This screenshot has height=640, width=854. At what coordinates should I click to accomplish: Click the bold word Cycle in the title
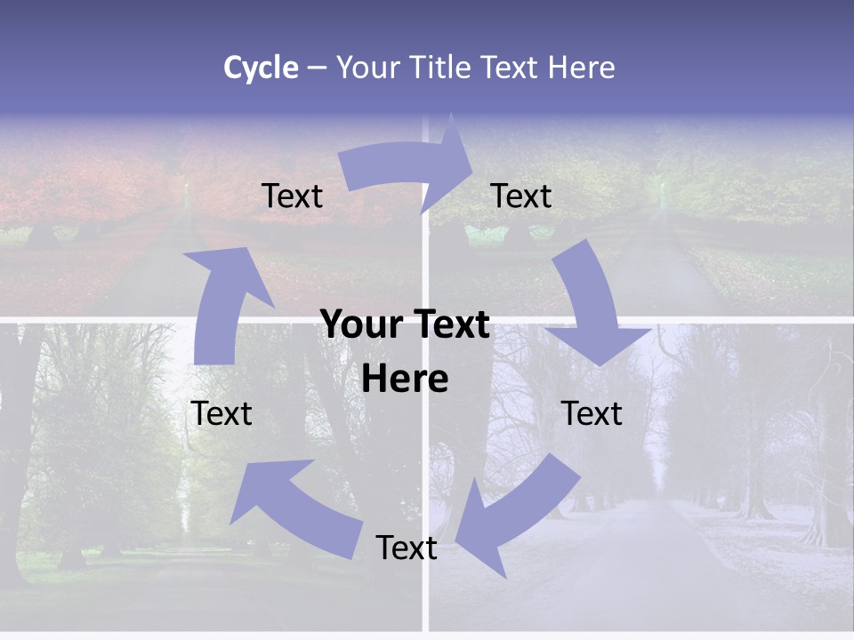(261, 68)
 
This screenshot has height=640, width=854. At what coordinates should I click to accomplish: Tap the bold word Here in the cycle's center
(405, 379)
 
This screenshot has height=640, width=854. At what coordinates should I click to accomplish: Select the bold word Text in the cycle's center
(449, 324)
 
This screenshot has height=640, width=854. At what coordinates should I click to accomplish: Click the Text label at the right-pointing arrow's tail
(292, 196)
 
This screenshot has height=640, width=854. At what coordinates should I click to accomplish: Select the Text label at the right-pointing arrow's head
(521, 196)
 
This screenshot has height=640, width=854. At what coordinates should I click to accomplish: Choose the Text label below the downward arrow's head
(592, 413)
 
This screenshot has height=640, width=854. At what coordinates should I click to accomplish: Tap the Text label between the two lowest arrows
(407, 548)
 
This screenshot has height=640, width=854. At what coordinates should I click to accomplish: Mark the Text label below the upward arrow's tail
(222, 413)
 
